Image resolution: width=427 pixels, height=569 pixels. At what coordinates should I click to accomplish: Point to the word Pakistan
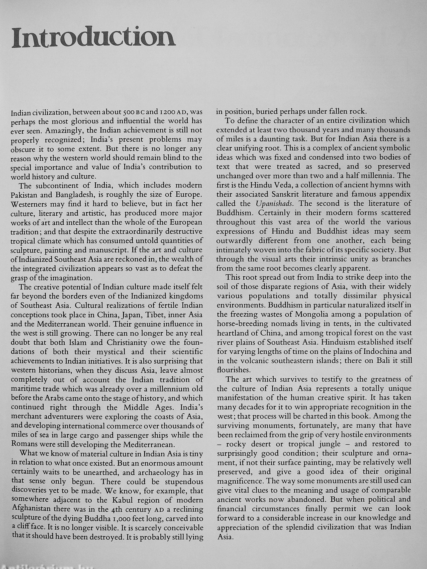point(23,195)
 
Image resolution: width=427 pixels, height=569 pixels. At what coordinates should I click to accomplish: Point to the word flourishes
point(230,370)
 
